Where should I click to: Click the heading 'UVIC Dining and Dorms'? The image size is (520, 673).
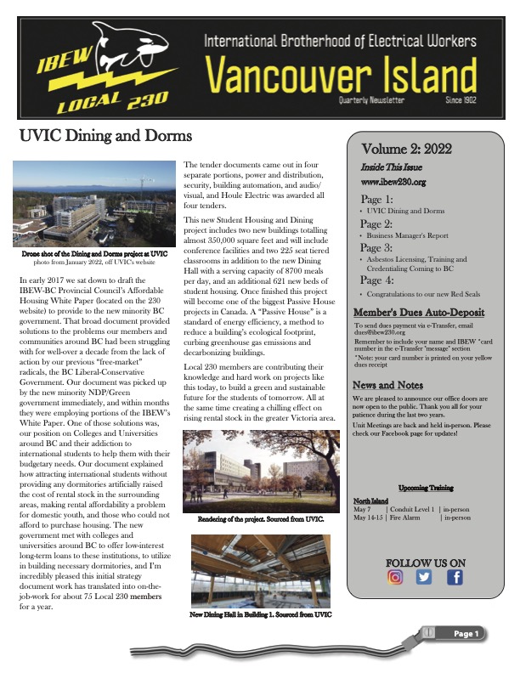click(x=106, y=136)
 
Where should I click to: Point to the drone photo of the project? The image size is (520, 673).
click(x=90, y=203)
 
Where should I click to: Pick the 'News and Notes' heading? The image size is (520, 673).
click(x=388, y=385)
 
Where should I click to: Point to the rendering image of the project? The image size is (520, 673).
click(x=261, y=475)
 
